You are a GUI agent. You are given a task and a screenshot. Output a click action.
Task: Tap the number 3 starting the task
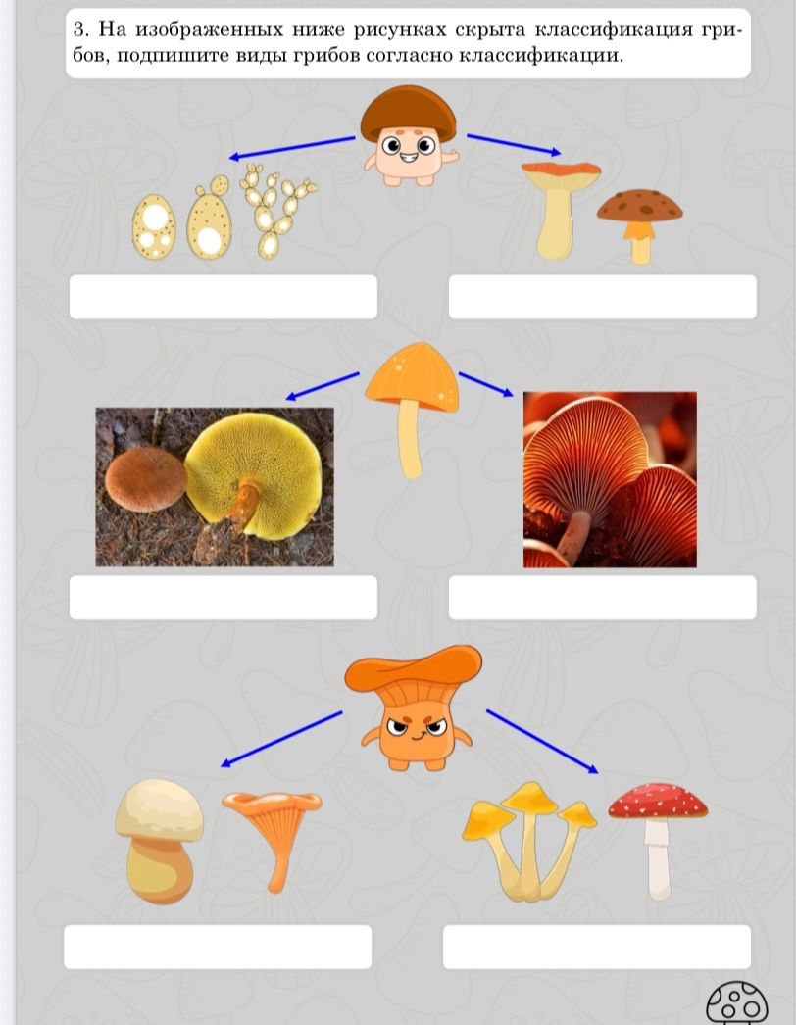(x=79, y=29)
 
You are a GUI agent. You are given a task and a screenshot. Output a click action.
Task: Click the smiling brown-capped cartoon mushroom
(x=409, y=135)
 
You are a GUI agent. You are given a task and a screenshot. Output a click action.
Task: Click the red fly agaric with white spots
(x=658, y=840)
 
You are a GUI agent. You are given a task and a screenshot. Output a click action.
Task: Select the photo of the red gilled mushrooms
(x=610, y=480)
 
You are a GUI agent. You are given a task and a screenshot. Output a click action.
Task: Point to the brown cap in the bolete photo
(x=146, y=478)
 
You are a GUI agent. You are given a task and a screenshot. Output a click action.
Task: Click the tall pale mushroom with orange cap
(x=560, y=209)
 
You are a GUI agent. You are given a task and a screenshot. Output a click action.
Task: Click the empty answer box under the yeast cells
(x=224, y=297)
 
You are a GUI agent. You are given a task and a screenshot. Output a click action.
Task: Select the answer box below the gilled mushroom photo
(x=603, y=598)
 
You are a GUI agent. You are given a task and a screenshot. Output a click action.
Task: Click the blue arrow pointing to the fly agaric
(x=542, y=741)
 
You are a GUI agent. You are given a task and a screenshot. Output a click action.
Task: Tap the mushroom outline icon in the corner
(x=737, y=1002)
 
